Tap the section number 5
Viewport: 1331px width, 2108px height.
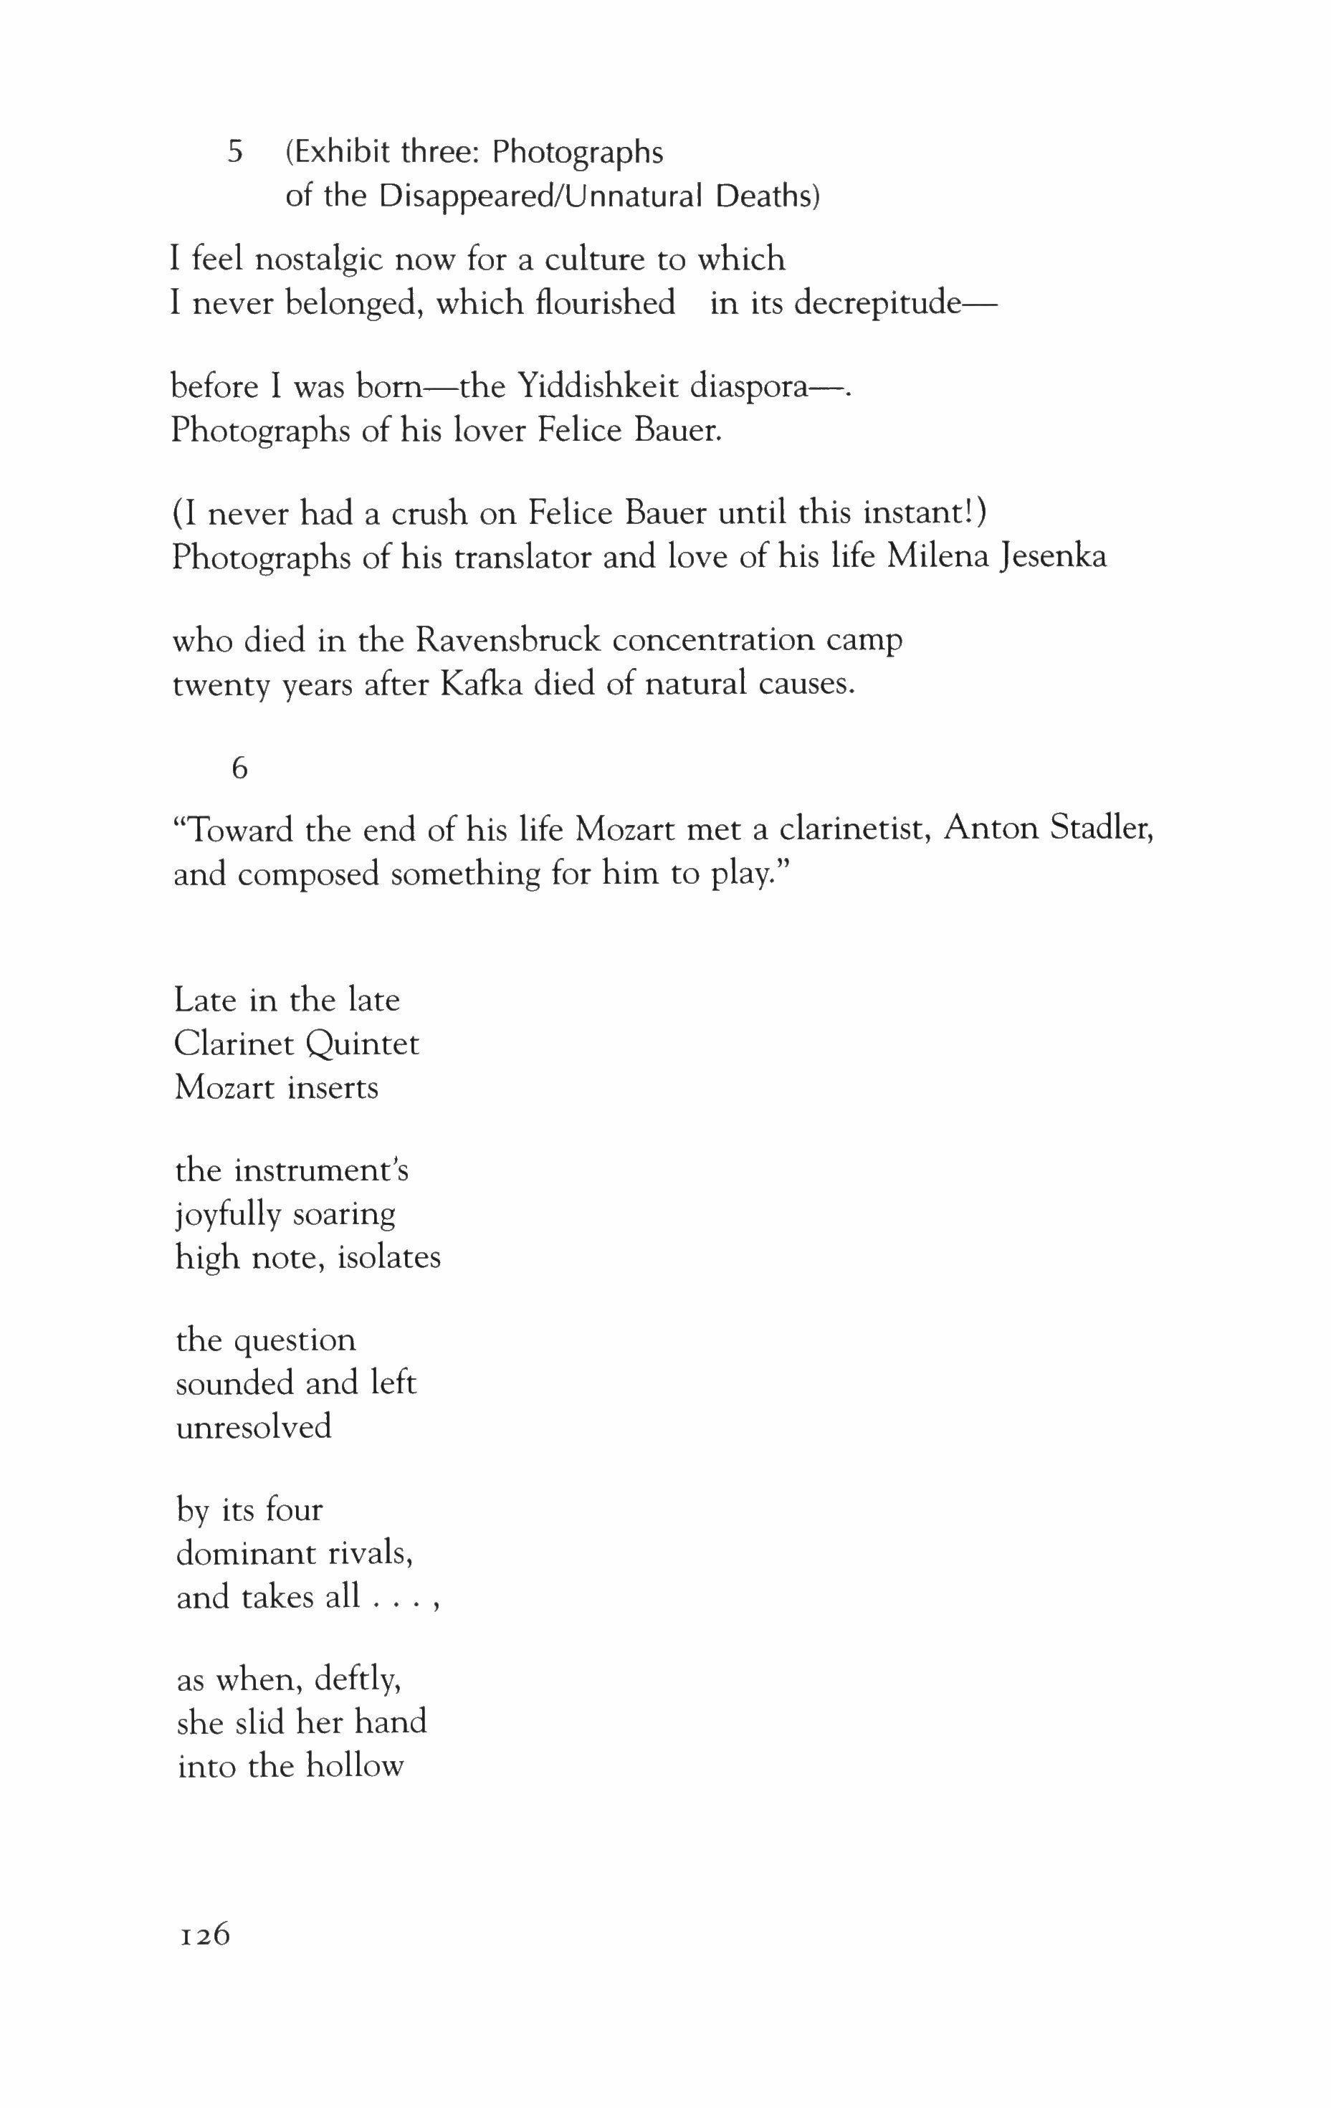234,153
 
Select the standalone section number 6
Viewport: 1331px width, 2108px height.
239,768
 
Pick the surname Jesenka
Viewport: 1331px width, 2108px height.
1051,557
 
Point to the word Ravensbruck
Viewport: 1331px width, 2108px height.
508,641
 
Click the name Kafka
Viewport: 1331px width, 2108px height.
481,684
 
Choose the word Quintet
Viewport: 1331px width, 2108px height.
363,1044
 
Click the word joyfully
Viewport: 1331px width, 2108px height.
228,1214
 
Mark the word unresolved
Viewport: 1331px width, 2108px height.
254,1427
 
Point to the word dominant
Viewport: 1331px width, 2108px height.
246,1553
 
